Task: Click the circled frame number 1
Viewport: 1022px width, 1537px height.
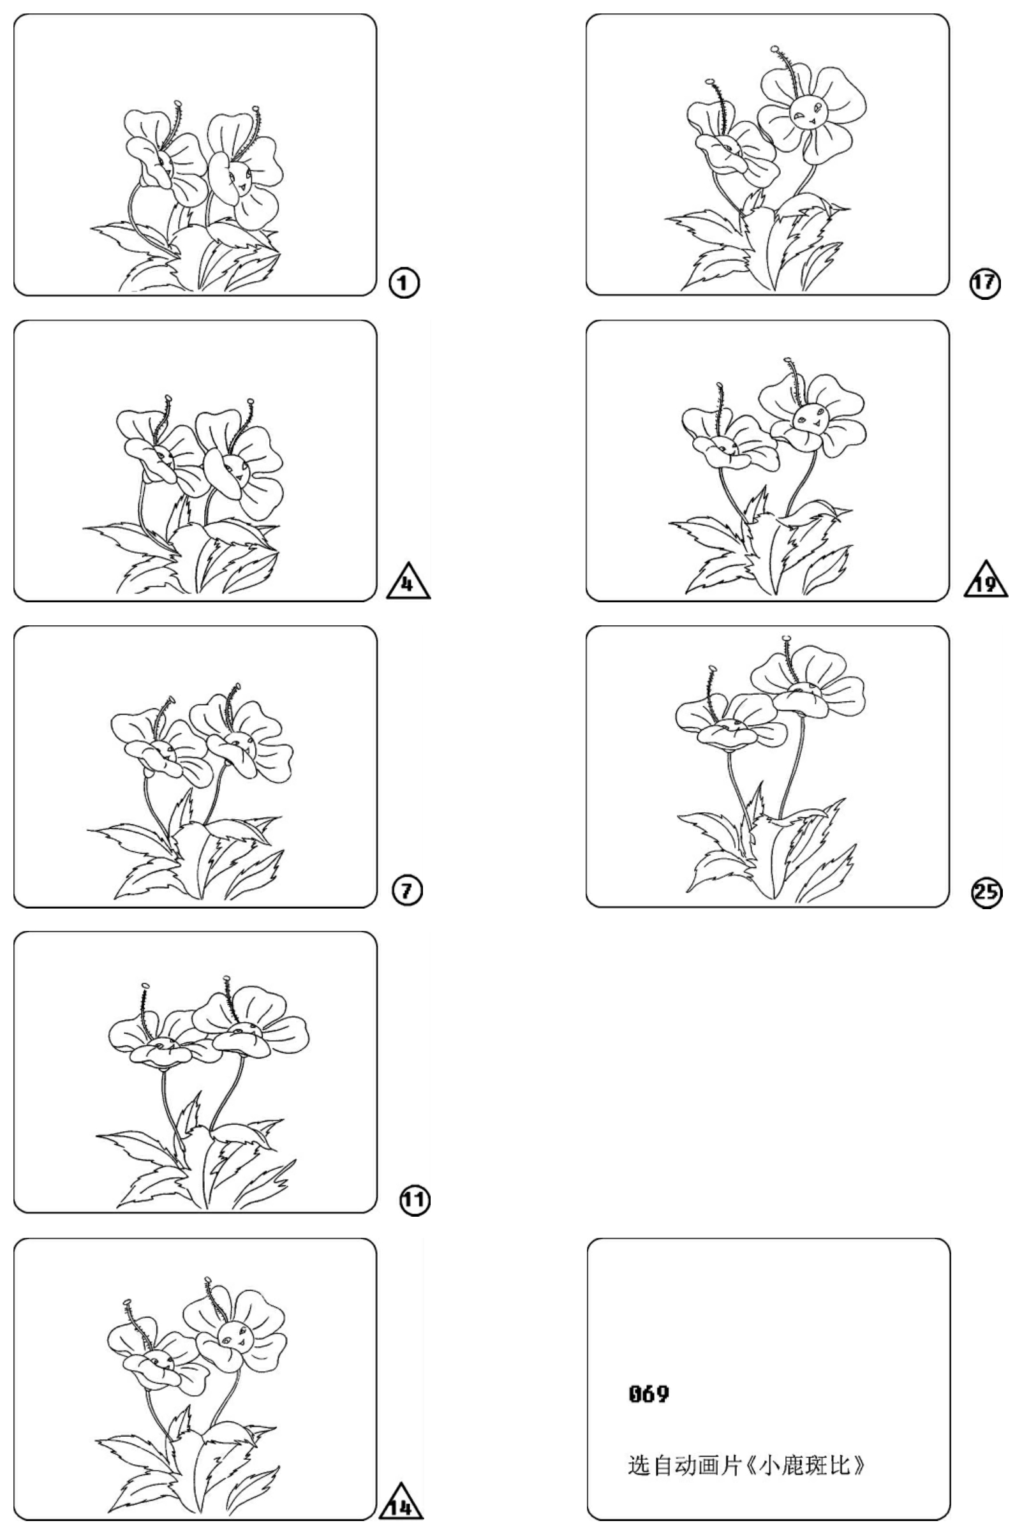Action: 404,283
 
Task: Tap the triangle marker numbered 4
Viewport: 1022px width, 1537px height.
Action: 408,580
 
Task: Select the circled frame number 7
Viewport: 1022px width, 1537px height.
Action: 408,891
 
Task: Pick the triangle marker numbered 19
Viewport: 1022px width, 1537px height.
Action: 986,580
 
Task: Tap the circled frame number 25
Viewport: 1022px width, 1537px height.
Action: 987,892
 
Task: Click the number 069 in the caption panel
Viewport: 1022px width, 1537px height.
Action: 649,1394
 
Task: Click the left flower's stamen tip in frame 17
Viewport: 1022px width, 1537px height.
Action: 710,82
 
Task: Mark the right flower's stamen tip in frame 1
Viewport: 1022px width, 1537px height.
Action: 255,108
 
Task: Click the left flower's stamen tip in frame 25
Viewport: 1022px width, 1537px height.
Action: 712,669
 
